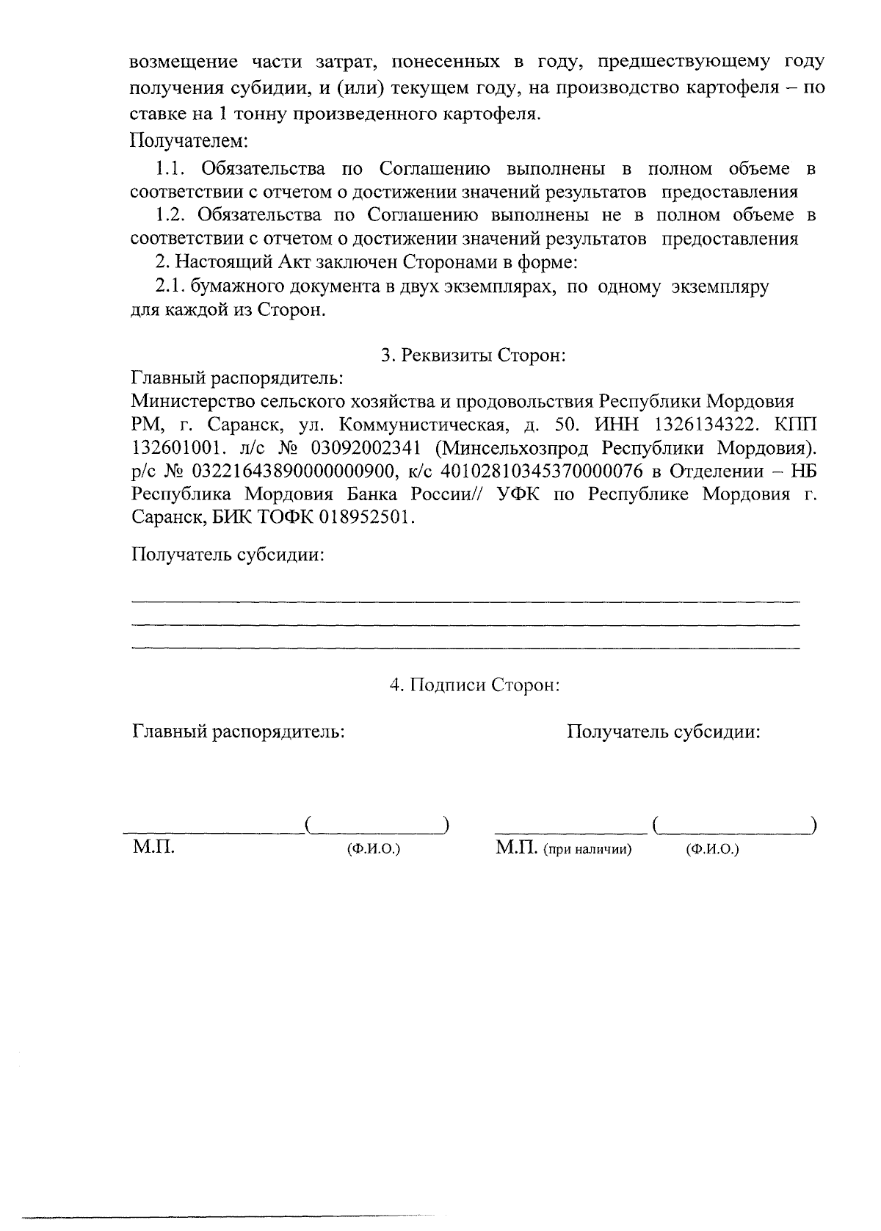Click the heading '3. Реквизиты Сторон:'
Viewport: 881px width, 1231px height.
point(474,355)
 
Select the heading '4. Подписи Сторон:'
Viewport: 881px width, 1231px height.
point(475,685)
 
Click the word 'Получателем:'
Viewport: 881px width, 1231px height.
point(189,139)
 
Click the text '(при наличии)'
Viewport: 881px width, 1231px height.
point(587,851)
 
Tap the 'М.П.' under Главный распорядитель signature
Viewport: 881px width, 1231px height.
point(153,848)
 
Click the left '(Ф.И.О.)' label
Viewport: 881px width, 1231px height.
point(374,851)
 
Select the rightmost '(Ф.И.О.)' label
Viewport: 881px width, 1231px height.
point(712,851)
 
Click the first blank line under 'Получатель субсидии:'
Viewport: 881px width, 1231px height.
point(465,602)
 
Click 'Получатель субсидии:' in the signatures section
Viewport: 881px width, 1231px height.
point(664,732)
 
